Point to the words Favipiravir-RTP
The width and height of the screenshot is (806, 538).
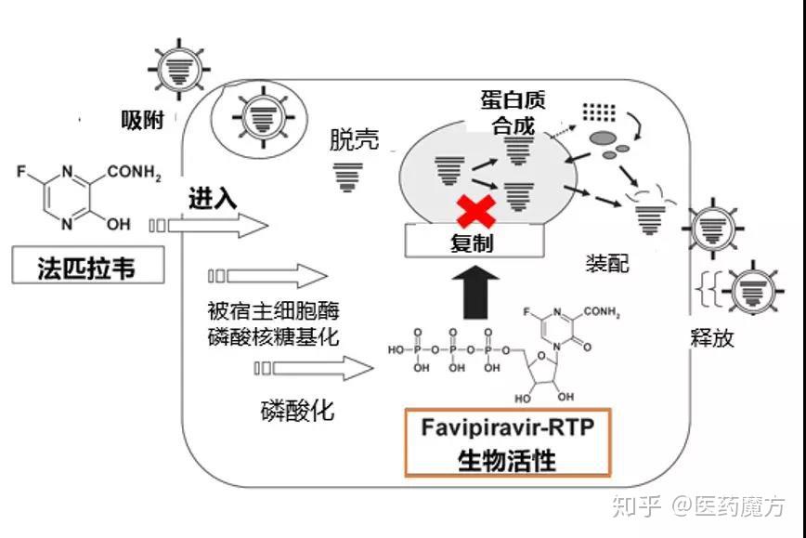click(507, 429)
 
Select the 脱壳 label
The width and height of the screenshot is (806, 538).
click(354, 139)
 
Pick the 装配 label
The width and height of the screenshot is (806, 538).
click(606, 263)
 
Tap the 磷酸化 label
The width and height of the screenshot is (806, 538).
click(296, 410)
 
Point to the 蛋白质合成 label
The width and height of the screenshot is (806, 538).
click(513, 111)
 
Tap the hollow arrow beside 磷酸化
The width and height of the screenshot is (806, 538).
click(312, 368)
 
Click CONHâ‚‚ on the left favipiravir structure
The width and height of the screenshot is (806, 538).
click(135, 173)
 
